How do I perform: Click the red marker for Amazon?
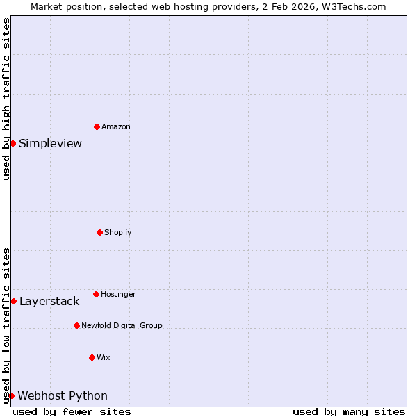[97, 126]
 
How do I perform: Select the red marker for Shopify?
[99, 232]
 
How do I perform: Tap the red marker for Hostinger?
[96, 294]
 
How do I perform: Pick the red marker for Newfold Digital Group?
[76, 325]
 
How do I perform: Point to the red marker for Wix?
[92, 357]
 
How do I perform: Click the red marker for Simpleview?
[13, 143]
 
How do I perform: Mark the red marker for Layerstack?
[13, 301]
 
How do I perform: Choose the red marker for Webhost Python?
[11, 395]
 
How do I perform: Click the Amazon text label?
[116, 126]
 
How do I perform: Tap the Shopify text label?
[118, 232]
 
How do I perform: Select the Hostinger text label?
[118, 294]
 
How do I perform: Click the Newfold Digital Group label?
[122, 325]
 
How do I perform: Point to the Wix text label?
[104, 357]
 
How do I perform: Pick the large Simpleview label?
[50, 144]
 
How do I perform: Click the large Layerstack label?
[49, 302]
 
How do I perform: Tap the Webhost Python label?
[63, 396]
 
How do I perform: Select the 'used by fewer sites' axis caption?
[72, 411]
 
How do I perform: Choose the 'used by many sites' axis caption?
[349, 411]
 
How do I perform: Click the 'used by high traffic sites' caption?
[6, 99]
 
